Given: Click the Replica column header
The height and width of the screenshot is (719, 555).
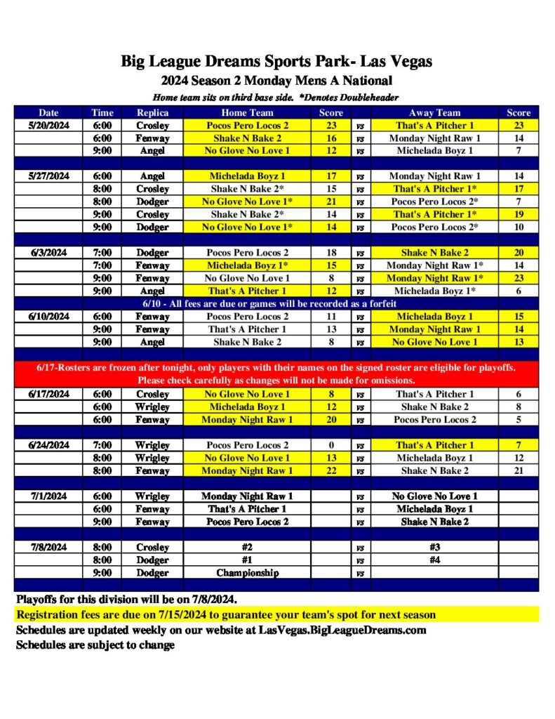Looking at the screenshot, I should pos(152,112).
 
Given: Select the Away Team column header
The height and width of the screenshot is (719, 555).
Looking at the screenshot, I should pos(434,112).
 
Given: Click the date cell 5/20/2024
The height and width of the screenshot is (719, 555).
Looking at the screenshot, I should pos(48,125).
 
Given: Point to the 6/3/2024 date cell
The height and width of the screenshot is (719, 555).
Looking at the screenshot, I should pos(48,253).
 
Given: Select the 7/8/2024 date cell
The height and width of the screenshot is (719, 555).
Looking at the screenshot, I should pos(48,547).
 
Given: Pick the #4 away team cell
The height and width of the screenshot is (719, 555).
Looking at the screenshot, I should pos(434,560).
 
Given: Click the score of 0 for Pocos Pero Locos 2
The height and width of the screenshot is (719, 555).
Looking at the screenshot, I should pos(331,445).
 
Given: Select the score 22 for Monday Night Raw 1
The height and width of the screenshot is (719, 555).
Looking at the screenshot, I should pos(331,470).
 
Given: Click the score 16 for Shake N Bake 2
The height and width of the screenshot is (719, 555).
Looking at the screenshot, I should pos(331,138).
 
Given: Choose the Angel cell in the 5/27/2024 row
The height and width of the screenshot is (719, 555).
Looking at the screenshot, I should pos(152,176).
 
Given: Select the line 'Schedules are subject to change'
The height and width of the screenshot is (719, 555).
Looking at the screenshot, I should pos(95,645).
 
